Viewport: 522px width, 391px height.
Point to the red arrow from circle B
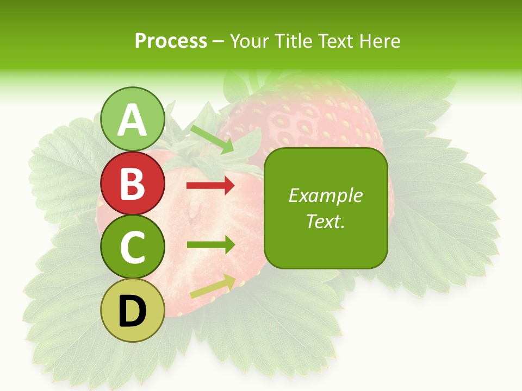coord(210,186)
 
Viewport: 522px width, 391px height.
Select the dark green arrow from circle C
coord(210,244)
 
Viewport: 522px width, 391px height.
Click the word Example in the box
coord(326,195)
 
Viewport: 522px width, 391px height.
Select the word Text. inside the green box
coord(326,221)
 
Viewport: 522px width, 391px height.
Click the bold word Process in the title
coord(171,41)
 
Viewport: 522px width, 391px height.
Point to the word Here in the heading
coord(378,41)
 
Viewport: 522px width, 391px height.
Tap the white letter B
coord(133,184)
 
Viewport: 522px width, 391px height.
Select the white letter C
coord(133,248)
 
